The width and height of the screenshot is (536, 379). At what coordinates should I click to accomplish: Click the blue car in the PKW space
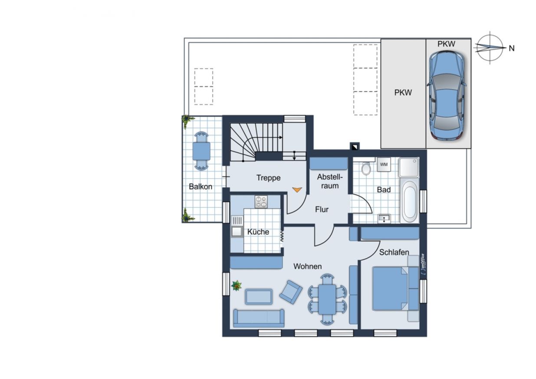click(447, 96)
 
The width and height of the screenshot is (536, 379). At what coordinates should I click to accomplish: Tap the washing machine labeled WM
click(384, 164)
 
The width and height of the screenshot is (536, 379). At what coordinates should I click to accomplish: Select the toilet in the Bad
click(366, 168)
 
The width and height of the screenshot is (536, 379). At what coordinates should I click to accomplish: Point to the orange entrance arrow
click(297, 190)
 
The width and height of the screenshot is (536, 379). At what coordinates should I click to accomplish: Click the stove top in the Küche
click(261, 202)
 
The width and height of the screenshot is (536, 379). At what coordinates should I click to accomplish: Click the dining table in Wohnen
click(327, 299)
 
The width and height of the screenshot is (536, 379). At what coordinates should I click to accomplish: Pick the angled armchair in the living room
click(291, 292)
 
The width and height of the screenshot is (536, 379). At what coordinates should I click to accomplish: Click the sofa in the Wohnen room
click(259, 318)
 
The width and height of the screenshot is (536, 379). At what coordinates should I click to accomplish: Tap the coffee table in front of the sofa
click(259, 297)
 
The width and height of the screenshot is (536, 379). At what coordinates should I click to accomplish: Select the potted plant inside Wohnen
click(237, 286)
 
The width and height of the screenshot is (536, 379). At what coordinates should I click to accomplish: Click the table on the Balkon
click(201, 151)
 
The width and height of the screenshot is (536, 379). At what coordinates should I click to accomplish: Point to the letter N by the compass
click(511, 48)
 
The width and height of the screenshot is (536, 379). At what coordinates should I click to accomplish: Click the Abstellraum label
click(330, 181)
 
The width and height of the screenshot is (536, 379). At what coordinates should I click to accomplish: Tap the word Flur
click(322, 209)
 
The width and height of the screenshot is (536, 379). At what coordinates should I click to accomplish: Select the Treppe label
click(268, 178)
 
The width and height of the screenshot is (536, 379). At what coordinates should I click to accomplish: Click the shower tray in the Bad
click(409, 167)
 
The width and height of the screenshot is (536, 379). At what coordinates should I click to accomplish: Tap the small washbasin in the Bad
click(384, 219)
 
